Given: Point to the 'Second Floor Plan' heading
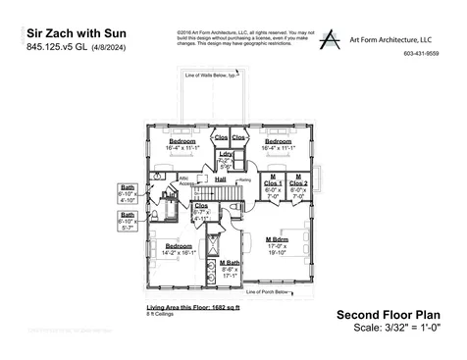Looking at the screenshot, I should (x=388, y=315).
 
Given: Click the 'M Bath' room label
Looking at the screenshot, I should (x=230, y=263).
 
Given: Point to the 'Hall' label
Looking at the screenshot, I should (x=221, y=180).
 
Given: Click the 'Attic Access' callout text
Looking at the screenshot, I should (x=184, y=181).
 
